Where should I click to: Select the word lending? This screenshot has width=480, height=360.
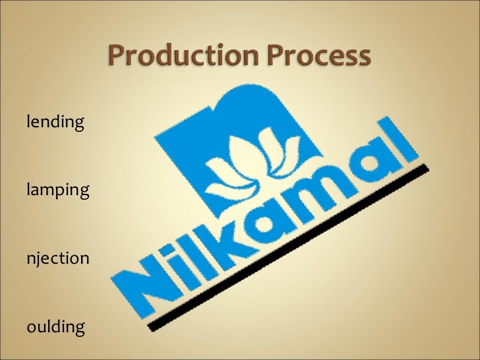pyautogui.click(x=55, y=122)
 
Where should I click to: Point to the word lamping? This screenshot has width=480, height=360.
pyautogui.click(x=57, y=192)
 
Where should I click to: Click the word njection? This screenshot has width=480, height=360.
pyautogui.click(x=57, y=258)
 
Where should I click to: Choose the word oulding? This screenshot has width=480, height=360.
pyautogui.click(x=56, y=326)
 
